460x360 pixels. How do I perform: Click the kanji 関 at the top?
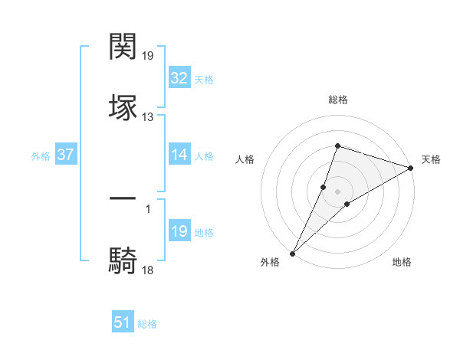[123, 47]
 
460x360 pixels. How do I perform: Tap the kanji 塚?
[123, 107]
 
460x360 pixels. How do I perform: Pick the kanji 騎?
[123, 260]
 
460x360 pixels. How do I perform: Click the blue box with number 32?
[179, 78]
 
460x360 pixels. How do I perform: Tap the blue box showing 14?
[179, 155]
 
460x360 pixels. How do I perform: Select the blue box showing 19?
[179, 231]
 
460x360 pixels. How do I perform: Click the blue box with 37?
[65, 155]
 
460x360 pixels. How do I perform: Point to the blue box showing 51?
[123, 322]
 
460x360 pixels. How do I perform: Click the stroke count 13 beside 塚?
[148, 117]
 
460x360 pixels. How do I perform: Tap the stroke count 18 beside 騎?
[148, 270]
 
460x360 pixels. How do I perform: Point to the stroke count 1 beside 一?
[148, 208]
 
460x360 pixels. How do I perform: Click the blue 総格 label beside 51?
[147, 324]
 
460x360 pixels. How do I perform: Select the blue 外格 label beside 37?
[41, 156]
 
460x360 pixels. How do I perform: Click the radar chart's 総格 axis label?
[337, 100]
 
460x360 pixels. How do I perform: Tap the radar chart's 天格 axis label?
[431, 159]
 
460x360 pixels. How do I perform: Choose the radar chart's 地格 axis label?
[402, 262]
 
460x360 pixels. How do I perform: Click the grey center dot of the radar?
[337, 191]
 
